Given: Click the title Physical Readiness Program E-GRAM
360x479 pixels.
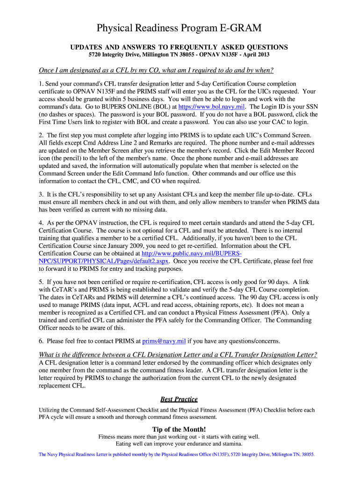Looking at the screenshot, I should (179, 29).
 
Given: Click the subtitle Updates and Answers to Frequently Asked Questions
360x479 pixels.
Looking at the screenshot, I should (179, 47).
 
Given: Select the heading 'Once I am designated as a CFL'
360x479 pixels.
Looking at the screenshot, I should (155, 70).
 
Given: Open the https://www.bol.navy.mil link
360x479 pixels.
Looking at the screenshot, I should (209, 107).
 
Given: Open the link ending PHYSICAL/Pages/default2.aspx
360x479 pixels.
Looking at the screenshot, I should (104, 261).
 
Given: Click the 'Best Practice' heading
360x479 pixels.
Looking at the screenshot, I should (179, 399).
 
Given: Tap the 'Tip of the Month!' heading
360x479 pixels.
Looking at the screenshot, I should (179, 429).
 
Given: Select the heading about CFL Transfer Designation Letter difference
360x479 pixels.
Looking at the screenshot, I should (178, 354).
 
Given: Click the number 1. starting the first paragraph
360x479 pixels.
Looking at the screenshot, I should (41, 84).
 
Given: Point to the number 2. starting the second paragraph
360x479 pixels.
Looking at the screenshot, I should (41, 135).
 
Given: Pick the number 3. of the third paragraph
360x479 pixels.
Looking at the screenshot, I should (41, 194).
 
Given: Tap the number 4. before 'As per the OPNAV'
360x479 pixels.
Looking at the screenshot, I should (41, 223).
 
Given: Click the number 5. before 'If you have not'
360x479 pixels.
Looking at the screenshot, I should (41, 282).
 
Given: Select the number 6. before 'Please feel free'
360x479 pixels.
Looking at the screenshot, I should (41, 341).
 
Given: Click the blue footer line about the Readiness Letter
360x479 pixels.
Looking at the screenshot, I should (177, 454).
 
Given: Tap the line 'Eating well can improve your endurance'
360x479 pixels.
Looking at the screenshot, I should (179, 444).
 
